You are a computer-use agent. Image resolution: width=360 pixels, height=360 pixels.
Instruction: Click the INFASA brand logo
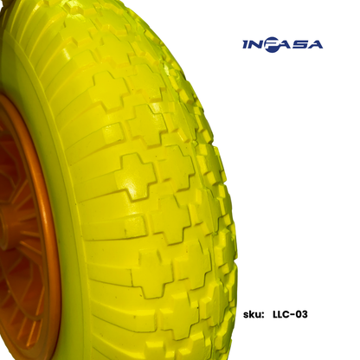pos(282,45)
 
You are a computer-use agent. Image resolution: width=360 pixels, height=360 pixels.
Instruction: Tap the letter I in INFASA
pos(245,45)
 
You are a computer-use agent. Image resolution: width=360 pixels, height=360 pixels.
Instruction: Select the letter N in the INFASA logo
pos(255,45)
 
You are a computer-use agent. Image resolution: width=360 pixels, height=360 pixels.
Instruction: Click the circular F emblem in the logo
pos(271,46)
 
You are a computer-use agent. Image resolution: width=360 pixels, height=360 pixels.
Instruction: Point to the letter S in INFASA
pos(299,45)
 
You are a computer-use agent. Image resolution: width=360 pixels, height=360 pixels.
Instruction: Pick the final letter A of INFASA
pos(314,45)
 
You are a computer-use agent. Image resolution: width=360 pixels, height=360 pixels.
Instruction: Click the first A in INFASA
pos(284,45)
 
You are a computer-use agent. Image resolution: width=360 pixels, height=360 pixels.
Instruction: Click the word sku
pos(252,314)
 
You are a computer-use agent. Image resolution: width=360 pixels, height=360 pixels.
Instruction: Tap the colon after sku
pos(263,315)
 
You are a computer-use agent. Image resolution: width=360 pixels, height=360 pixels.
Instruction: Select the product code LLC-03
pos(290,314)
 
